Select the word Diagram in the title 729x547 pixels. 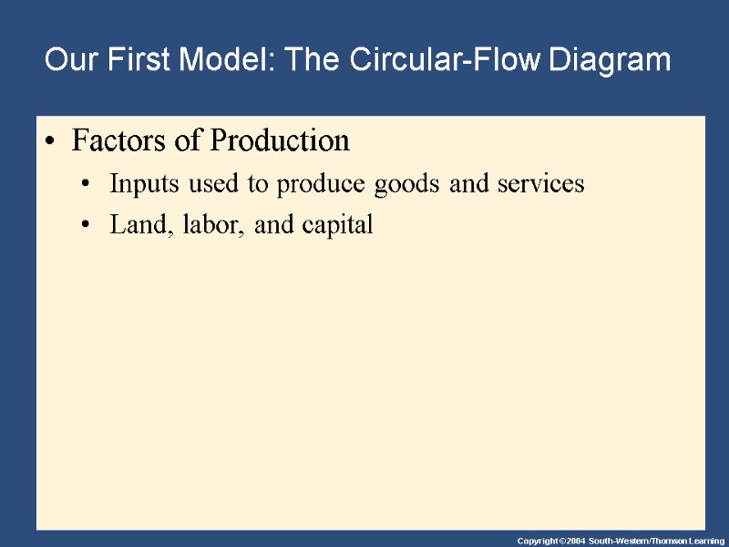pos(608,61)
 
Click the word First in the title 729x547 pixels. pos(148,61)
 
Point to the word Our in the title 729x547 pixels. pos(70,61)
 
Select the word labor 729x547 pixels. pos(210,226)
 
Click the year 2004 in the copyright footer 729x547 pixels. pos(574,541)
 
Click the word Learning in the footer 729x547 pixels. pos(704,541)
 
